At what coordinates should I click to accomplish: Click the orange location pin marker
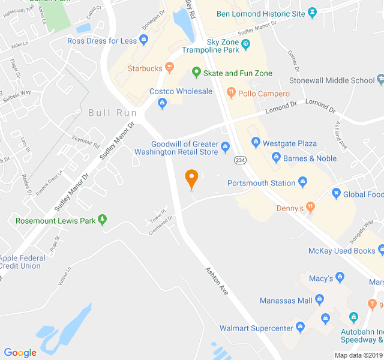click(191, 178)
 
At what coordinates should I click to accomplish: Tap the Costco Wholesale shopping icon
click(162, 103)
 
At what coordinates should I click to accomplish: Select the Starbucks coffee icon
click(170, 68)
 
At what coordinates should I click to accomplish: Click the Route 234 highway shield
click(239, 160)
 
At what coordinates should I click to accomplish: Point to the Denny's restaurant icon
click(310, 207)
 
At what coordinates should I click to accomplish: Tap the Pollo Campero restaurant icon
click(230, 94)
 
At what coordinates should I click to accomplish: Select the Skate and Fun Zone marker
click(196, 73)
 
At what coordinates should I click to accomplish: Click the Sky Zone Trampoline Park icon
click(245, 43)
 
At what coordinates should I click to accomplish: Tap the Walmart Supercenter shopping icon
click(301, 327)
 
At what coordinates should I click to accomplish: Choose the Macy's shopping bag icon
click(340, 278)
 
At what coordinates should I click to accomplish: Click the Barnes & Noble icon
click(276, 158)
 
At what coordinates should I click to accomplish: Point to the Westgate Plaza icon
click(256, 143)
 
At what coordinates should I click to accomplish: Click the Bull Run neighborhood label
click(112, 113)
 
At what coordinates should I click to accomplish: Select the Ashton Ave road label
click(216, 280)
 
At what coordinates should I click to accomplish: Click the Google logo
click(20, 352)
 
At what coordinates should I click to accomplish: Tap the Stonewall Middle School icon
click(380, 80)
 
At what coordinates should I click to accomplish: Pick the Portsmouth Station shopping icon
click(303, 183)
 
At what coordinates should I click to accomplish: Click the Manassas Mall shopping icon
click(319, 300)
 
